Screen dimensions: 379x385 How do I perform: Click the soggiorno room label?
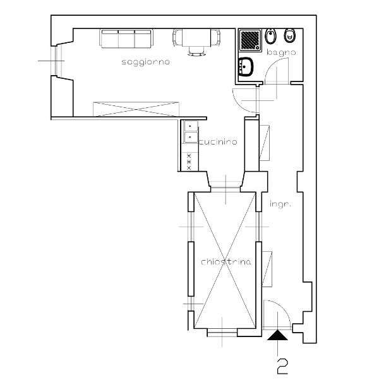pos(145,62)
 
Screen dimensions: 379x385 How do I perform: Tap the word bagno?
pos(281,52)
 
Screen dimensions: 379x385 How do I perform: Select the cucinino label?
pos(218,141)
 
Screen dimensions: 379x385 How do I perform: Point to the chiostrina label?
pos(226,262)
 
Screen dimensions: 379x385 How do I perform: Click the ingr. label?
pos(280,204)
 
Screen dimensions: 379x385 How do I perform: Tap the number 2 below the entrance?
pos(282,366)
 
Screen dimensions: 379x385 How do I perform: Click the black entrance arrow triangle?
pos(277,335)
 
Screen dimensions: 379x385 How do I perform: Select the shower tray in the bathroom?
pos(250,40)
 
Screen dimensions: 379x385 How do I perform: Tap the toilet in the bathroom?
pos(289,36)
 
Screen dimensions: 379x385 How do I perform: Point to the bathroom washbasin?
pos(245,67)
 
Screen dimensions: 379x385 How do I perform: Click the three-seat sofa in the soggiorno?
pos(126,38)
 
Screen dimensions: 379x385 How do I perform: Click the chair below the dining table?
pos(196,51)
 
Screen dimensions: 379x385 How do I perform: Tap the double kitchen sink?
pos(191,132)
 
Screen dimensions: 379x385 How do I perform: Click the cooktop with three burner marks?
pos(189,162)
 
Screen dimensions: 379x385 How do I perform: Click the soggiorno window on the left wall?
pos(56,61)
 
